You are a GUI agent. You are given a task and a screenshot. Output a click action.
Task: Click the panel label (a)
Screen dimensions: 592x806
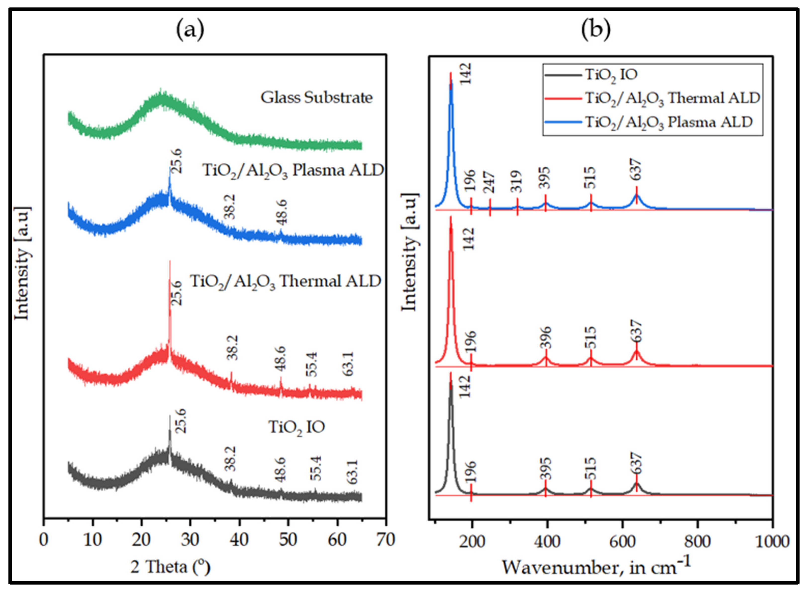(190, 30)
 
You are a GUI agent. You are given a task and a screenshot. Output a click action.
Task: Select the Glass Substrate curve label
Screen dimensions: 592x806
(317, 98)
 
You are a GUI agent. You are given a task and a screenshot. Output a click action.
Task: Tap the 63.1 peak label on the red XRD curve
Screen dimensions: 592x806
(348, 364)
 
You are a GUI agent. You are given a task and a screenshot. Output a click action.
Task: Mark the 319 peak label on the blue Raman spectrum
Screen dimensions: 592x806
(517, 181)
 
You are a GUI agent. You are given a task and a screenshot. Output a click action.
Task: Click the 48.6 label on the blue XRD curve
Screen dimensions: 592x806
(281, 212)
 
